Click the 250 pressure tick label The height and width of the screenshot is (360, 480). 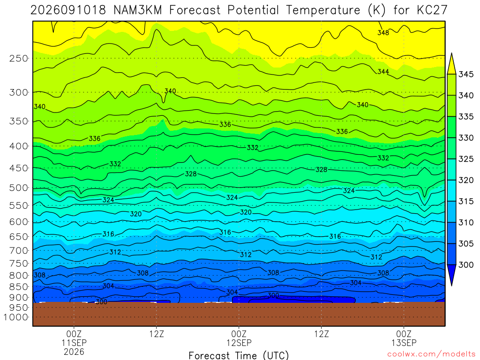pyautogui.click(x=18, y=58)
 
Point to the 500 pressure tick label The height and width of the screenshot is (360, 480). pyautogui.click(x=18, y=187)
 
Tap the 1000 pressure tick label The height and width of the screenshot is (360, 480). pyautogui.click(x=15, y=317)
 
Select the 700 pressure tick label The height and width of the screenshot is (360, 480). pyautogui.click(x=18, y=250)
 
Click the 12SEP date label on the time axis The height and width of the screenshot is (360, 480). pyautogui.click(x=239, y=342)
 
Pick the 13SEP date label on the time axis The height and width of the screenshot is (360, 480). pyautogui.click(x=404, y=342)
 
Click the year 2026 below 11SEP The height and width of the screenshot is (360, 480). pyautogui.click(x=74, y=352)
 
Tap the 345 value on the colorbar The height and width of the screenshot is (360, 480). pyautogui.click(x=466, y=75)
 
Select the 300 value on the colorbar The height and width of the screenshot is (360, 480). pyautogui.click(x=466, y=265)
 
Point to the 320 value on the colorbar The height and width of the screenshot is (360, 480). pyautogui.click(x=466, y=180)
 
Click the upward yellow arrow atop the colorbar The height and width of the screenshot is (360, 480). pyautogui.click(x=451, y=64)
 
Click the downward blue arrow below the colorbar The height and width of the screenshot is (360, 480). pyautogui.click(x=451, y=275)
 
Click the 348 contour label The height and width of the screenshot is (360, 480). pyautogui.click(x=383, y=32)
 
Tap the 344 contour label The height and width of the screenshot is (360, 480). pyautogui.click(x=383, y=72)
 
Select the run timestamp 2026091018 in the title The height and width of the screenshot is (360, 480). pyautogui.click(x=68, y=10)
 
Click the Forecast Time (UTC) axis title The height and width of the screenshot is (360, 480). pyautogui.click(x=239, y=355)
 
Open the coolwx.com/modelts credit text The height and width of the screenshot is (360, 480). pyautogui.click(x=431, y=354)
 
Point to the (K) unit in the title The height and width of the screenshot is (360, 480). pyautogui.click(x=376, y=10)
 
